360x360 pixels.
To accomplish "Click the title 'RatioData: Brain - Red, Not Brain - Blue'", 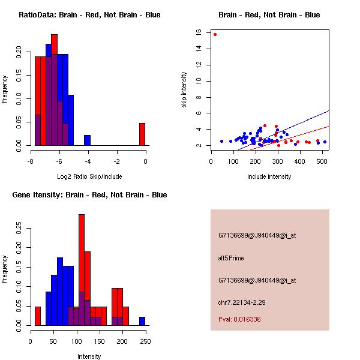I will [89, 14].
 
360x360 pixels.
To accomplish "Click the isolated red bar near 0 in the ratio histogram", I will [142, 134].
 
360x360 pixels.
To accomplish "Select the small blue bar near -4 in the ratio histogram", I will [87, 140].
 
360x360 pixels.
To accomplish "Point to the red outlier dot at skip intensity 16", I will [215, 34].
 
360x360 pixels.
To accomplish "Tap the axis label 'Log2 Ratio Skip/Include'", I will [89, 176].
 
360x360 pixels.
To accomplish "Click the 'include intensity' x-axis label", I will [269, 176].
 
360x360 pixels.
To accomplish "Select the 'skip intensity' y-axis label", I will [185, 90].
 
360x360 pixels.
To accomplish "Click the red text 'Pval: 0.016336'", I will [239, 320].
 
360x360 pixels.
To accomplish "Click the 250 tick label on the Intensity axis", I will [146, 341].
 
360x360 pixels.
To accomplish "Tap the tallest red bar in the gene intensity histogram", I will [81, 270].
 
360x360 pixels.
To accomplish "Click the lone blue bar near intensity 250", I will [142, 322].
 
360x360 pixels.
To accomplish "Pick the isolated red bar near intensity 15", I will [38, 316].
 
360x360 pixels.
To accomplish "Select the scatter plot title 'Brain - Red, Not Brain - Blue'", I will [269, 14].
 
